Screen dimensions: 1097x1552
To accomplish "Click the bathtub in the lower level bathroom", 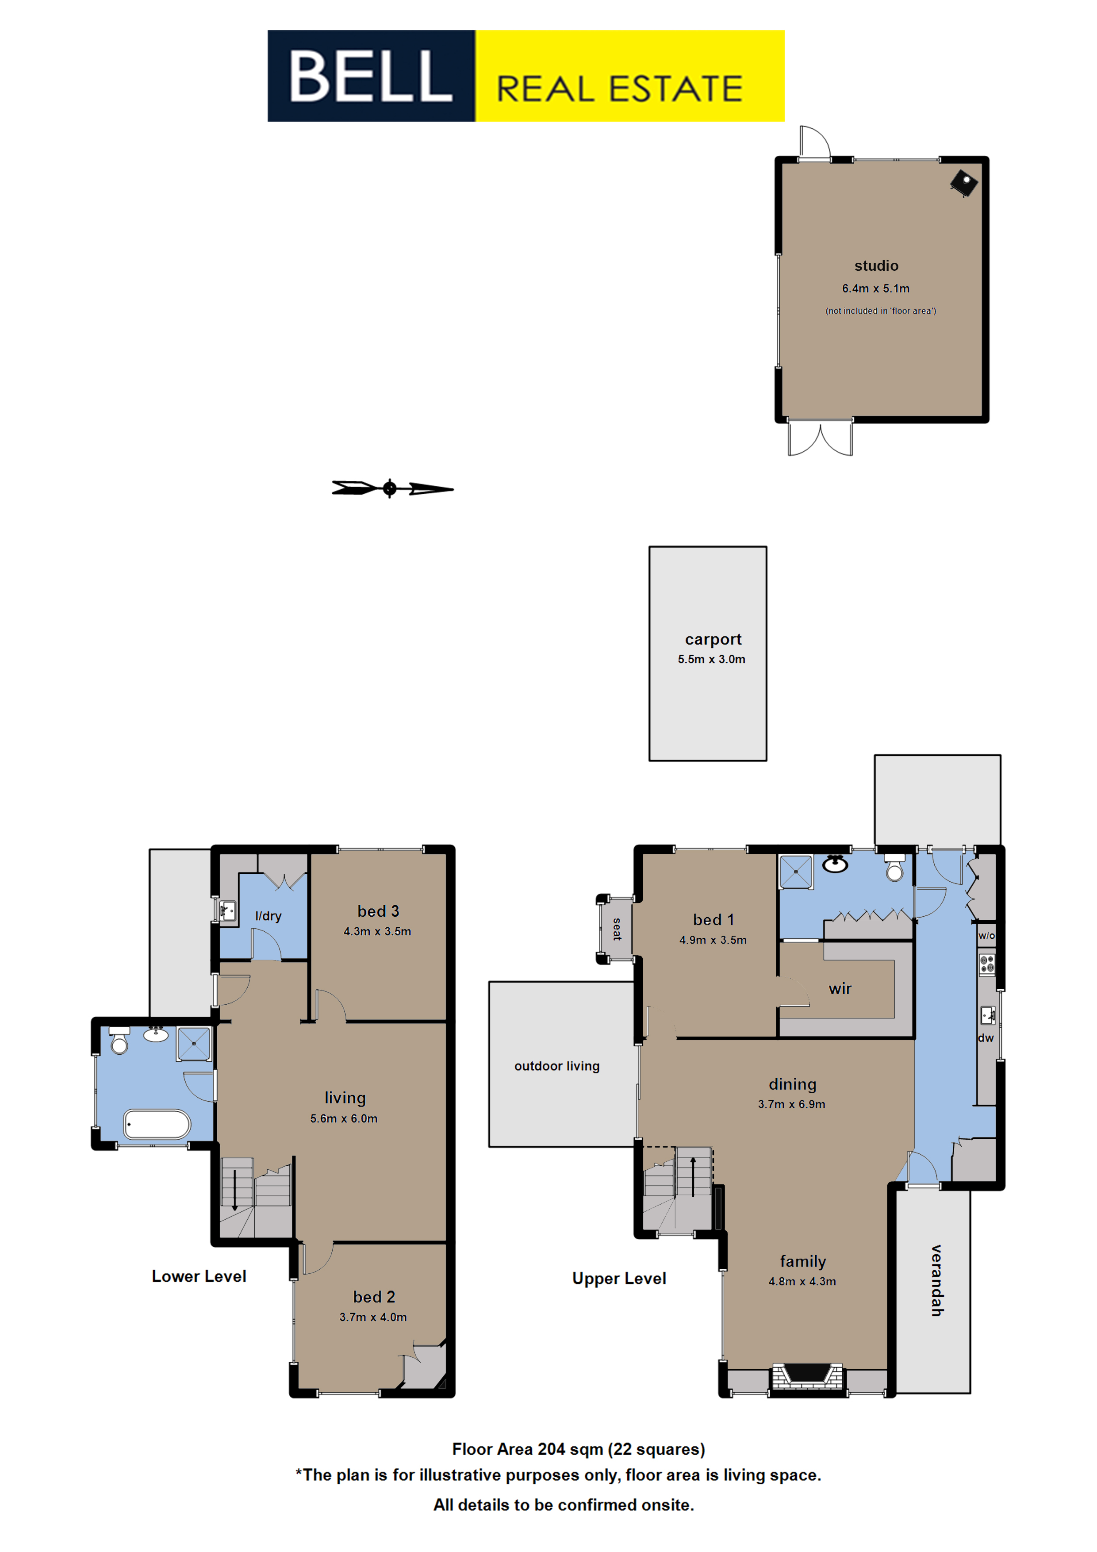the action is coord(157,1125).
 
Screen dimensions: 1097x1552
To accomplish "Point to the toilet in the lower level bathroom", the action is coord(119,1041).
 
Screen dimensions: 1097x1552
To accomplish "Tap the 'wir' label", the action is coord(840,989).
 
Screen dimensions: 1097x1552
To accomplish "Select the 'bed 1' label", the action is coord(713,920).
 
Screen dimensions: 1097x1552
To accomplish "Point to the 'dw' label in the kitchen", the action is coord(986,1037).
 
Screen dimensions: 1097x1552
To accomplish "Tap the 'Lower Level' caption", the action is coord(199,1276).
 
